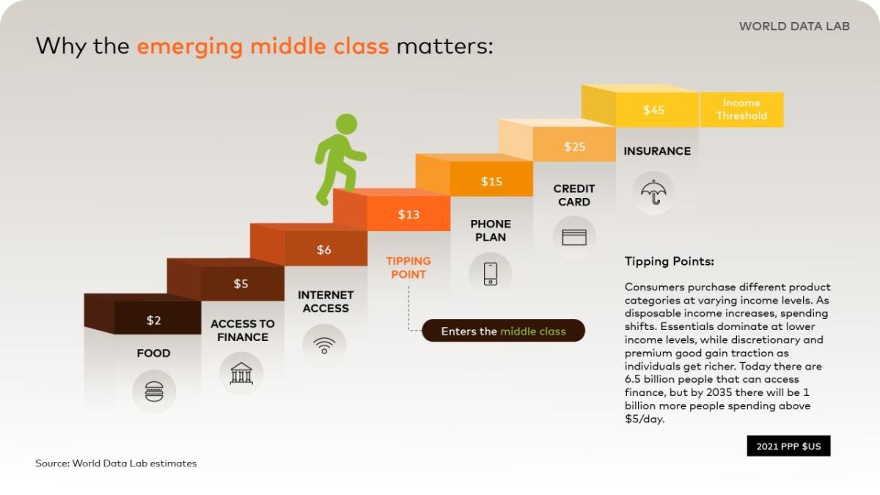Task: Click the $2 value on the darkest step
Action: coord(153,320)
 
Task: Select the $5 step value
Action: coord(241,284)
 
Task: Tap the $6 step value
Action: coord(324,249)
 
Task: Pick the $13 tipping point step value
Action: coord(408,214)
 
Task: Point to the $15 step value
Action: coord(491,181)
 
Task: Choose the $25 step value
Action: coord(575,147)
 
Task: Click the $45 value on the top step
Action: coord(653,110)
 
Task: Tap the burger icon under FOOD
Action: coord(154,391)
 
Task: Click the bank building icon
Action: coord(241,373)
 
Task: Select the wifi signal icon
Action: coord(324,345)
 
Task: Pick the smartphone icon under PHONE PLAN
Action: coord(491,274)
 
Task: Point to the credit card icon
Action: coord(574,238)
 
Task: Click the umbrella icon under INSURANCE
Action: coord(653,193)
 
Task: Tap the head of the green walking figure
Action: coord(346,125)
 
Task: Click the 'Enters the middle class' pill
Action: coord(503,331)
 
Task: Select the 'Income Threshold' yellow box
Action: coord(741,109)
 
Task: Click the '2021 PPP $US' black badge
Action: coord(788,446)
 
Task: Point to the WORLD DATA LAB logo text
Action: coord(794,26)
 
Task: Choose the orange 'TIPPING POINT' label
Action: coord(408,268)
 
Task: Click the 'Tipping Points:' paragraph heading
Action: coord(669,262)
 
